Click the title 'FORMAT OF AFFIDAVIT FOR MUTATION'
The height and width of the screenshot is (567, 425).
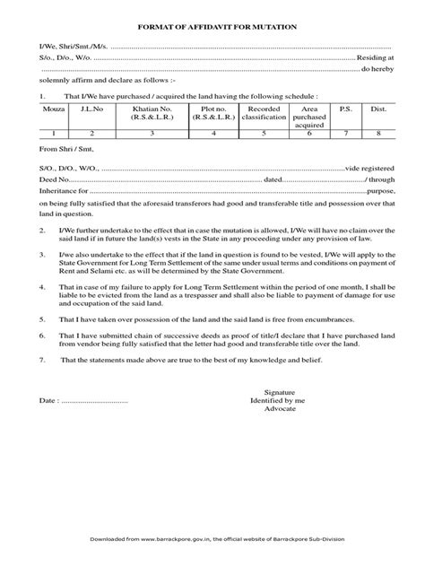click(212, 30)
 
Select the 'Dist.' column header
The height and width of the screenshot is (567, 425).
click(378, 109)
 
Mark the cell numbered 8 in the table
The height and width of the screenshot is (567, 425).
click(378, 133)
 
